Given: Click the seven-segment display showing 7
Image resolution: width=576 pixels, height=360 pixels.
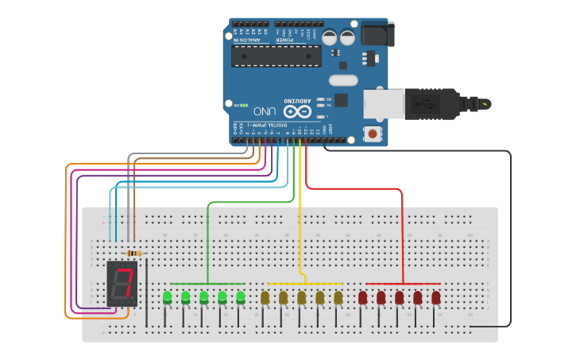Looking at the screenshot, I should pos(122,284).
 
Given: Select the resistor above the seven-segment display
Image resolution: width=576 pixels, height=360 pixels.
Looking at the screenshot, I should pos(134,254).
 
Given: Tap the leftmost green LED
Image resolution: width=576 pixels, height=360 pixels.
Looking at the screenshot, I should pos(167,298).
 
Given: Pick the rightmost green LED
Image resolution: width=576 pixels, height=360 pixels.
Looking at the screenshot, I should pos(241,298).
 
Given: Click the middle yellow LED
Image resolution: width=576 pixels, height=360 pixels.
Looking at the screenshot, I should pos(301,298).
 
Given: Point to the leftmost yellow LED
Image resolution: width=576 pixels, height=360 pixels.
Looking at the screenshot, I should pos(265,298).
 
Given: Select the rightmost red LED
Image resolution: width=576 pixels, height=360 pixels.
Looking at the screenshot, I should pos(436,298).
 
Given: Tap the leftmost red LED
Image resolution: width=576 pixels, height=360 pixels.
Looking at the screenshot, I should pos(362,298).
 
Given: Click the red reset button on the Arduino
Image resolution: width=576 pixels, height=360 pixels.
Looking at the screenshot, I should pos(371,134).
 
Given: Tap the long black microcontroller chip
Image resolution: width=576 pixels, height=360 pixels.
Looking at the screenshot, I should pos(276,56).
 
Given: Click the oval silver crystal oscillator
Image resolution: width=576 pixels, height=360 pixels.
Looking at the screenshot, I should pos(344,79).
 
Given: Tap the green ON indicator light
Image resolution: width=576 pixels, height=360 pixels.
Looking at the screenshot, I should pos(246,104).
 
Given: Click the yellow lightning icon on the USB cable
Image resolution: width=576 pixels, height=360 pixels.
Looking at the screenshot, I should pos(485,103).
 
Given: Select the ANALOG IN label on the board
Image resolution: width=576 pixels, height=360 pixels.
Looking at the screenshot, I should pos(245,39).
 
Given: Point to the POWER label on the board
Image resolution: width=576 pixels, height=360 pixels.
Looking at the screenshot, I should pos(284,39).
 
